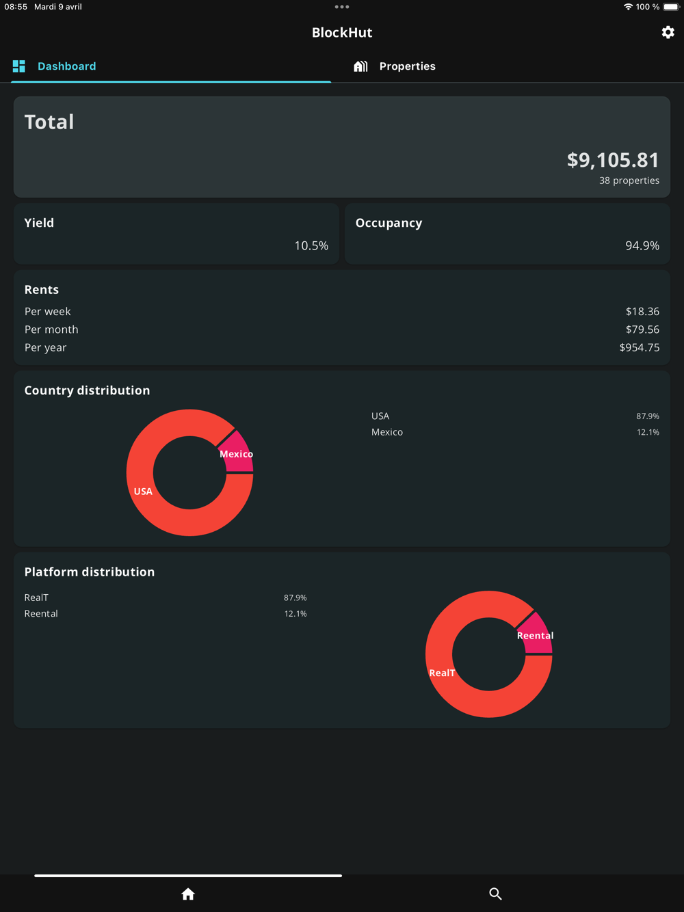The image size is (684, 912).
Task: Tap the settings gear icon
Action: tap(668, 32)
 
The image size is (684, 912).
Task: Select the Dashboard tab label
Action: tap(66, 66)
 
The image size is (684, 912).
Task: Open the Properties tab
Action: tap(407, 66)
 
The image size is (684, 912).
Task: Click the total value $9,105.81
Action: tap(613, 160)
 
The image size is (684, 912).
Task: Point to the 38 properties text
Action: tap(629, 180)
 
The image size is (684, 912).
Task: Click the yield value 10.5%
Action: tap(311, 245)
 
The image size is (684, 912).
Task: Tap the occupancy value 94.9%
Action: tap(642, 245)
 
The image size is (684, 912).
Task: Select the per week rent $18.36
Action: tap(642, 311)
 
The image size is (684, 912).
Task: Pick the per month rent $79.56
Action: tap(642, 330)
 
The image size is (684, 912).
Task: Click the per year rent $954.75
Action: tap(640, 347)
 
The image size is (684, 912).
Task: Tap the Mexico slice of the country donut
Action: tap(239, 452)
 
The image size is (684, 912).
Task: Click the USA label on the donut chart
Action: tap(143, 492)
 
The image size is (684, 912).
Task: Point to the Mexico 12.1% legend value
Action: tap(648, 432)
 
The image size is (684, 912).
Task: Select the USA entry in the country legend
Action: tap(380, 416)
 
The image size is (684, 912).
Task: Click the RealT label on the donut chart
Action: tap(442, 673)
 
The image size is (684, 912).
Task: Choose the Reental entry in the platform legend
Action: tap(41, 613)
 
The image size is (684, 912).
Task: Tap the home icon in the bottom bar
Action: tap(188, 894)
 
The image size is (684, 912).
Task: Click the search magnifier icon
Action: tap(496, 894)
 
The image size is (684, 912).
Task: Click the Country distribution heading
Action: tap(87, 390)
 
